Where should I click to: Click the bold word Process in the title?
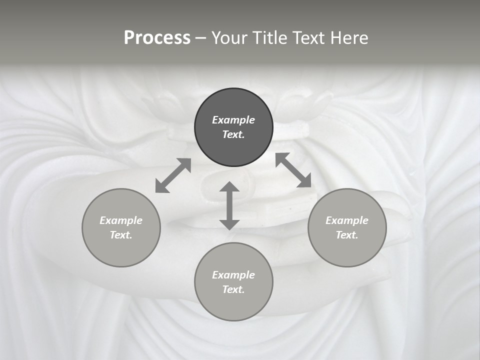click(157, 38)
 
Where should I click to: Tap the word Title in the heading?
click(270, 38)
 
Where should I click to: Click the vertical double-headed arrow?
click(229, 205)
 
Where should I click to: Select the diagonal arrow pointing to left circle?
click(173, 175)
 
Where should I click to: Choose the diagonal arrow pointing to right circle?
click(293, 170)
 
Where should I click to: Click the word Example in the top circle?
click(233, 120)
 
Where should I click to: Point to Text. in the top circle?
click(233, 134)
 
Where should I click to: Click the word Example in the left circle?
click(121, 220)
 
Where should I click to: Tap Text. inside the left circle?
click(121, 235)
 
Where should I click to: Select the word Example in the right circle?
click(347, 220)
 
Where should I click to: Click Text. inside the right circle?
click(347, 235)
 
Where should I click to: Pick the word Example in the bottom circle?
click(233, 275)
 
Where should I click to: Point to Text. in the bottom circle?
click(233, 289)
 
